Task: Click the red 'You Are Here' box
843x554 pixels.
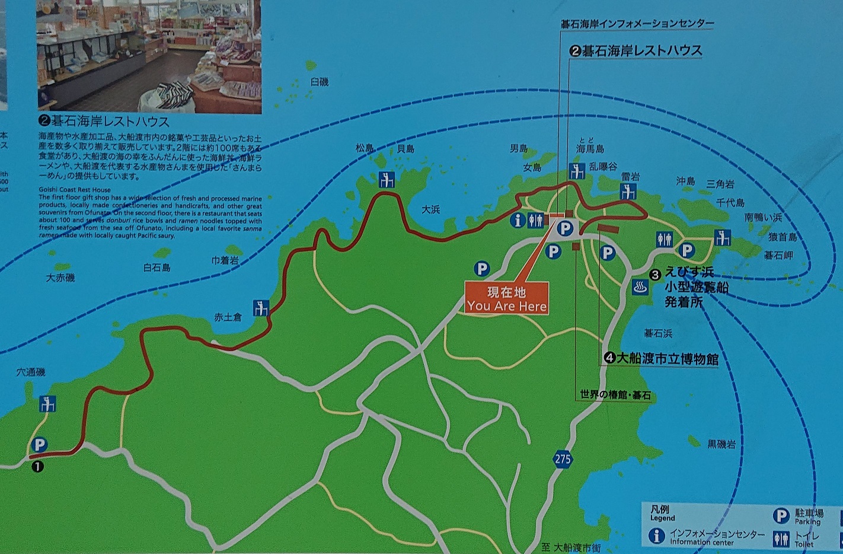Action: pos(507,298)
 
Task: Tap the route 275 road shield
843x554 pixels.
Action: pos(563,459)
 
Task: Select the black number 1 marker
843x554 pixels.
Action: pos(37,466)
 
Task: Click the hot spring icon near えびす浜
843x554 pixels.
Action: pos(640,286)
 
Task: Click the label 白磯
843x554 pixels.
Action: pos(319,82)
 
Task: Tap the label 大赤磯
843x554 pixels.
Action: pos(60,277)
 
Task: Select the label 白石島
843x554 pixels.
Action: pos(157,268)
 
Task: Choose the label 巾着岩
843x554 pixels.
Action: pos(225,260)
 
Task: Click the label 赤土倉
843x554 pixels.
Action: pos(228,317)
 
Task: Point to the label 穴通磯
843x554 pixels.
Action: pos(31,372)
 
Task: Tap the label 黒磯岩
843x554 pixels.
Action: pos(721,444)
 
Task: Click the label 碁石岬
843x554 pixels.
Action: pos(778,255)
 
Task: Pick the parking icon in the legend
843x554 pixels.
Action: pos(781,515)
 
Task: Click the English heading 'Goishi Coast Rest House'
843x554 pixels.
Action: pos(75,190)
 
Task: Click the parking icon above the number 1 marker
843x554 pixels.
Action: pos(40,444)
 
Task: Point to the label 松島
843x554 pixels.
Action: pos(365,148)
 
